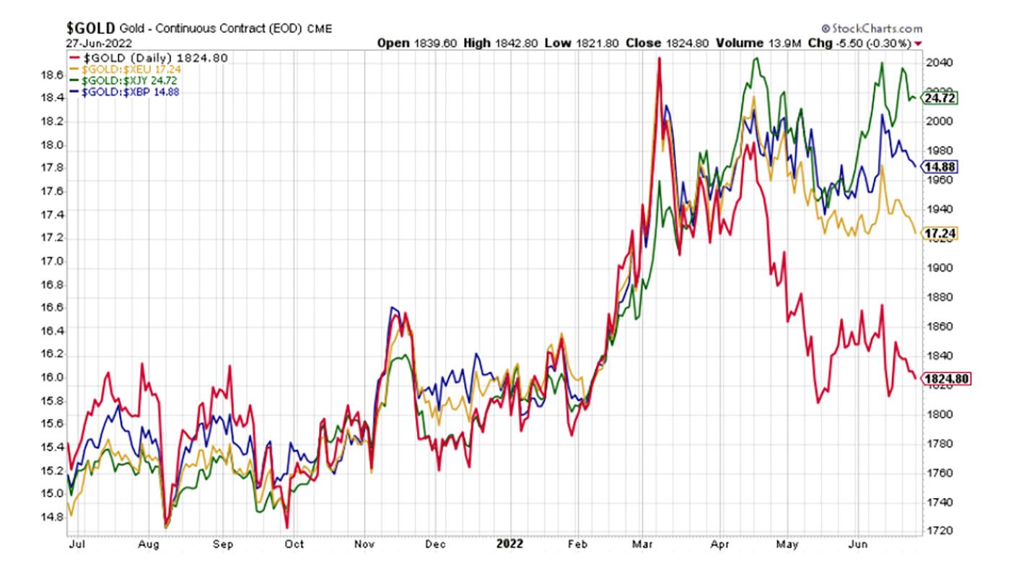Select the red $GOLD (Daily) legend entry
click(147, 57)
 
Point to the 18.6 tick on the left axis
click(53, 76)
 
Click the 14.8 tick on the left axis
click(53, 517)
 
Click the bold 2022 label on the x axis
click(509, 544)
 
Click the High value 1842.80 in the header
click(514, 43)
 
